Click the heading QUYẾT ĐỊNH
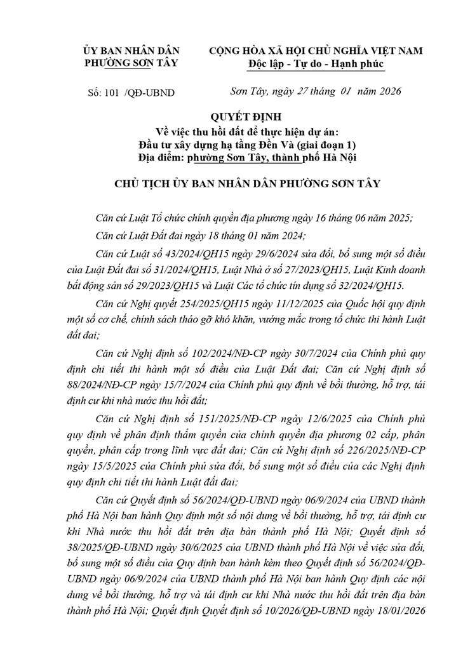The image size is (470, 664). pyautogui.click(x=235, y=117)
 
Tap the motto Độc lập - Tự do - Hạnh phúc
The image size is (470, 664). pyautogui.click(x=316, y=63)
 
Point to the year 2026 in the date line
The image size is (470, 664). pyautogui.click(x=384, y=91)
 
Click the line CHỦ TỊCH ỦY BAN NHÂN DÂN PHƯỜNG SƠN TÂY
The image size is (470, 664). pyautogui.click(x=235, y=184)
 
